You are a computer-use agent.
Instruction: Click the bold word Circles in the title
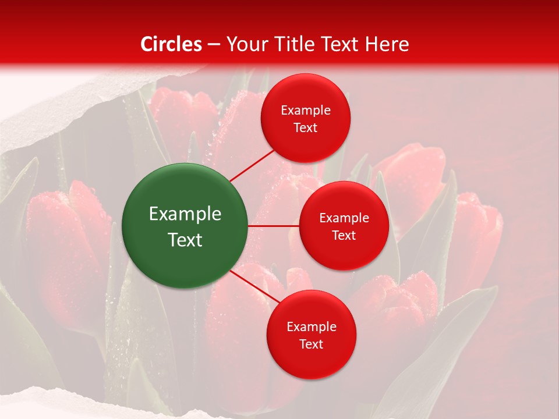pos(171,44)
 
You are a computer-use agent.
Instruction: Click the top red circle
pos(305,118)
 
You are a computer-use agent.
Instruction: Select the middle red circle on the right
pos(344,226)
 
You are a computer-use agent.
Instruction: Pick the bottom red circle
pos(311,335)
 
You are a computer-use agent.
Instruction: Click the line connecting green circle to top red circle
pos(252,165)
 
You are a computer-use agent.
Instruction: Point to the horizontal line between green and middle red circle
pos(274,226)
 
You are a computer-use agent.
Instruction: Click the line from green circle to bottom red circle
pos(254,286)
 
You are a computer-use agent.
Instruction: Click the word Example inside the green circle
pos(185,214)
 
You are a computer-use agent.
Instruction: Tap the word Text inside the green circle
pos(185,240)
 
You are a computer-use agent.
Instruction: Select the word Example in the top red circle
pos(305,110)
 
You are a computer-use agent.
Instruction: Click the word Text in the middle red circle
pos(344,235)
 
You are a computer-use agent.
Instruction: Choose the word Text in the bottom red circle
pos(311,344)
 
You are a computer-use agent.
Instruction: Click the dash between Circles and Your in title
pos(214,45)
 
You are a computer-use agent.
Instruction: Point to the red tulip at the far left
pos(64,233)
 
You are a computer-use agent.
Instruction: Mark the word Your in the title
pos(245,44)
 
